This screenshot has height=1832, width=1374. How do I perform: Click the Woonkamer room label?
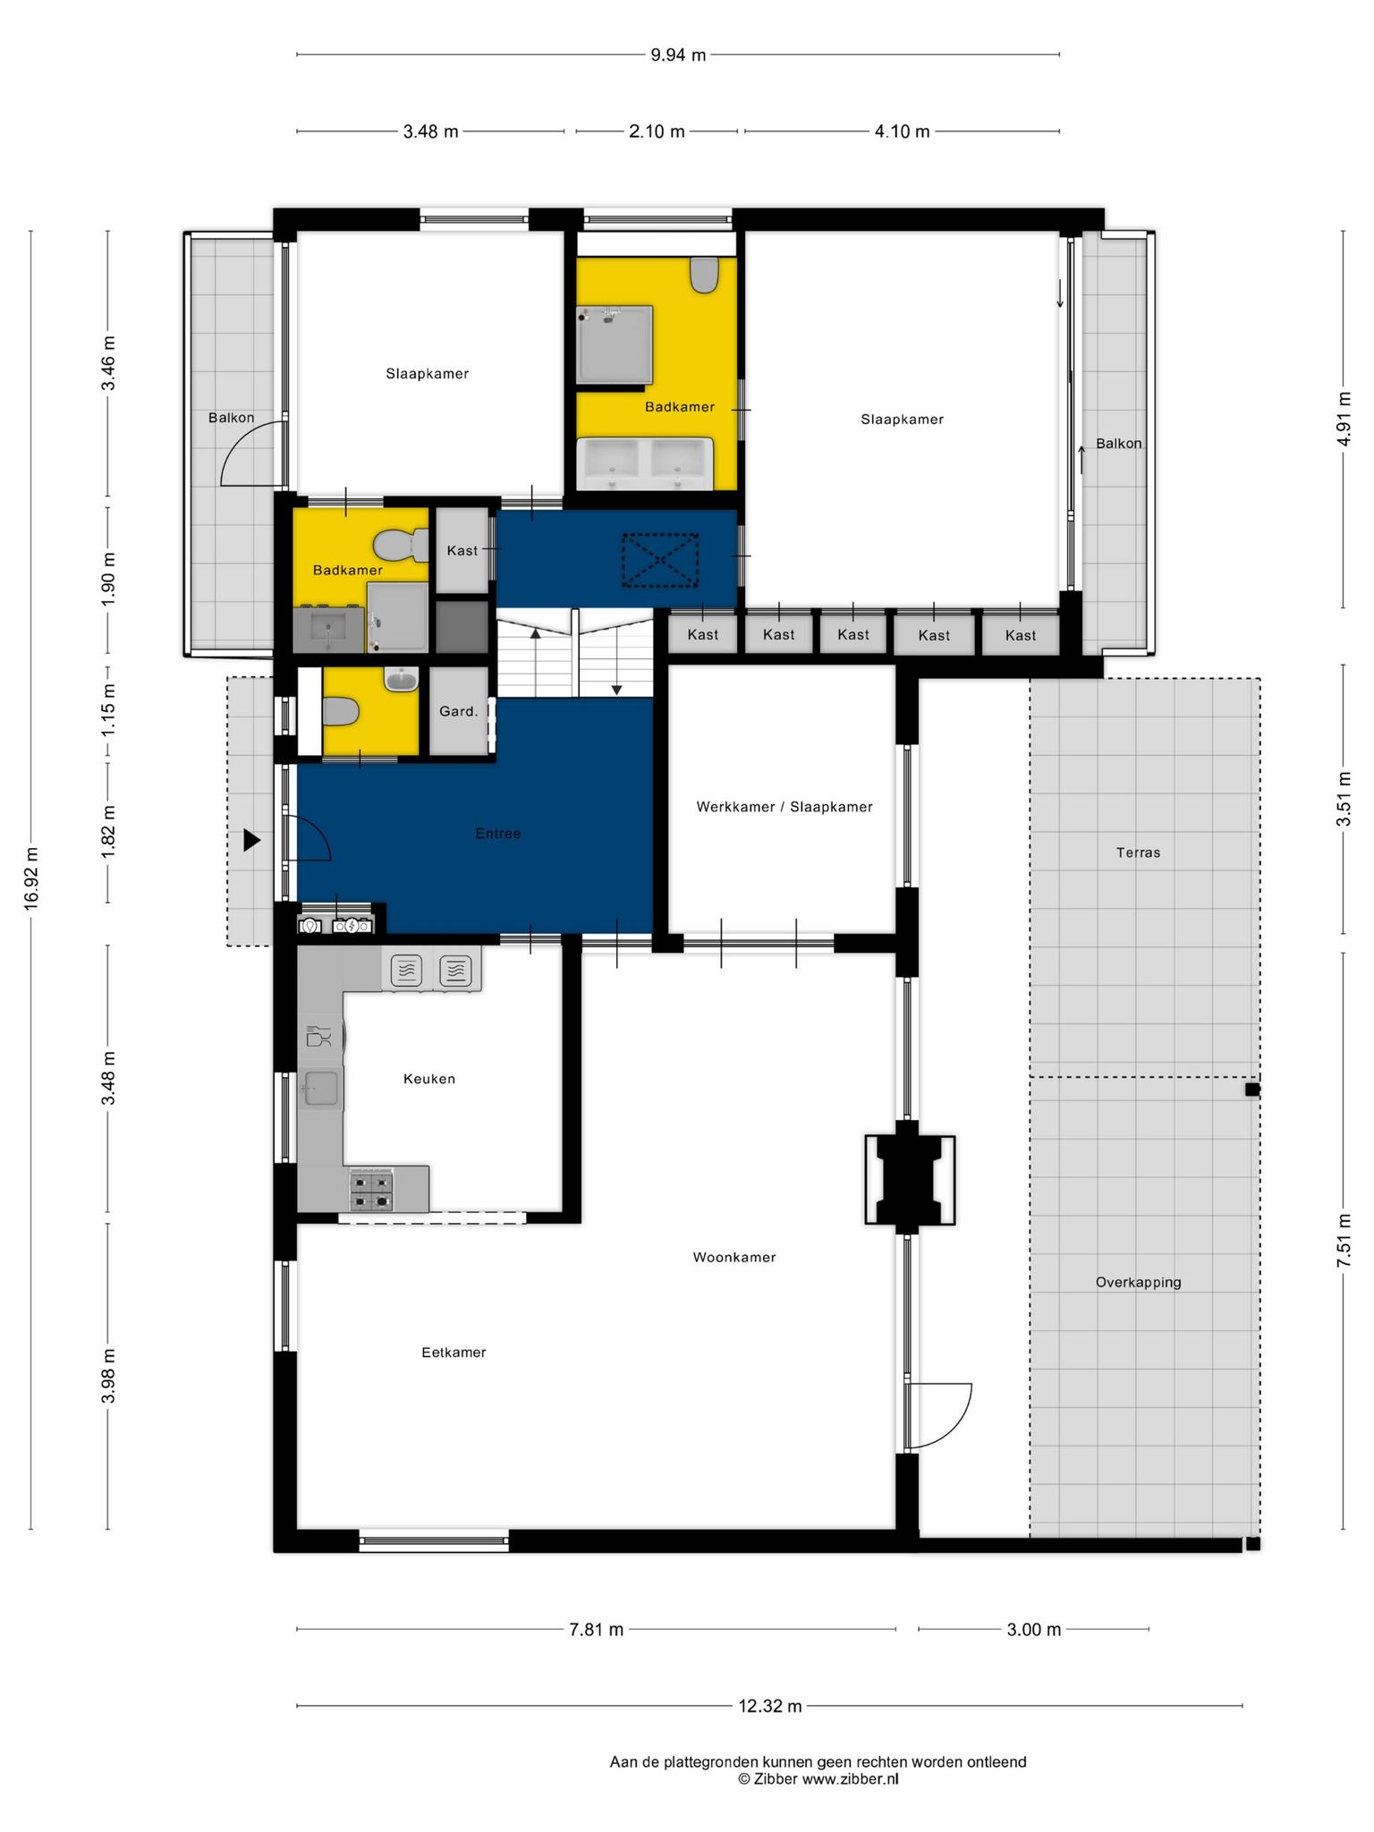tap(734, 1257)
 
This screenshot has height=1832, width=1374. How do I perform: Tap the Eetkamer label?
tap(454, 1352)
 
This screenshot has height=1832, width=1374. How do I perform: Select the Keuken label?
tap(429, 1079)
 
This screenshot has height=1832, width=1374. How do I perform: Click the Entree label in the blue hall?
tap(498, 834)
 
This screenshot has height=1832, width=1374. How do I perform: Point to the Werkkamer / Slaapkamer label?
tap(785, 807)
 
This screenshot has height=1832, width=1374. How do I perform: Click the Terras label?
tap(1138, 852)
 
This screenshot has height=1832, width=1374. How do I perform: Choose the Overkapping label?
tap(1138, 1282)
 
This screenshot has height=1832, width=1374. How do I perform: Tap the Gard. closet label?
tap(458, 711)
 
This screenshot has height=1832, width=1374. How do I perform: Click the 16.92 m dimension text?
tap(31, 879)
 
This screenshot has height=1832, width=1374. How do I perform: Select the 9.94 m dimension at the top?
tap(678, 55)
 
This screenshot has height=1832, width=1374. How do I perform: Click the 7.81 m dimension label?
tap(596, 1629)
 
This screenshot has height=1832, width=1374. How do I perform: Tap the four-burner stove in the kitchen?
tap(370, 1190)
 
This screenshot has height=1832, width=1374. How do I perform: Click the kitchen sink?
tap(320, 1089)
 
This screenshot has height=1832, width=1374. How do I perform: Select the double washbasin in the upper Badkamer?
tap(644, 463)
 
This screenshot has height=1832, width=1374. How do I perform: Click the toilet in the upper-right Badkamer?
tap(705, 275)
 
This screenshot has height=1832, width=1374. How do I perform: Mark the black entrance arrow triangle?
tap(252, 840)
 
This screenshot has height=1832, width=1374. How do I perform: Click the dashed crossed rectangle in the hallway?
tap(660, 560)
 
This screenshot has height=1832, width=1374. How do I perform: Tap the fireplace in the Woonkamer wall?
tap(909, 1180)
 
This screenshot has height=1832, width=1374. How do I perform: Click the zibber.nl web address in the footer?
tap(850, 1778)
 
